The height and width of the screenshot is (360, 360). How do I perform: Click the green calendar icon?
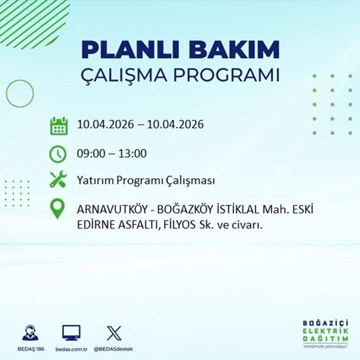pos(59,126)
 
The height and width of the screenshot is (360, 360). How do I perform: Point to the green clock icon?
pos(58,153)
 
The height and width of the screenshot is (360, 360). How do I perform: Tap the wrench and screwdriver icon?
pos(58,181)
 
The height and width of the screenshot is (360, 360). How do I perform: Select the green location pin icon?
pos(58,209)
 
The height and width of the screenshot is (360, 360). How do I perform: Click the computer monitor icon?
pos(71,332)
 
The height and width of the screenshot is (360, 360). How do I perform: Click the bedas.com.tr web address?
pos(71,349)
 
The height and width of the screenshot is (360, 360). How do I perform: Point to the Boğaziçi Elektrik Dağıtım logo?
pos(325,334)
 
